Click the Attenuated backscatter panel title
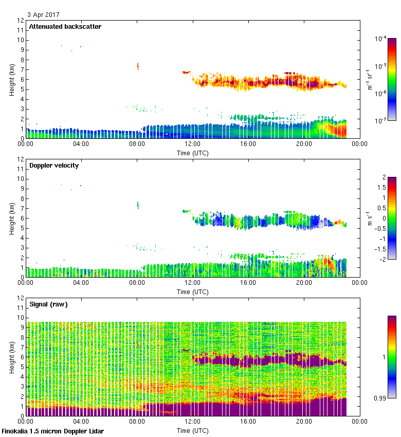click(x=65, y=26)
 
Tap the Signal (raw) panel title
click(x=48, y=304)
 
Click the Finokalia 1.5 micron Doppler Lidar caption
click(x=52, y=431)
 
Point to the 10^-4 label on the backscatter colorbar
click(x=381, y=39)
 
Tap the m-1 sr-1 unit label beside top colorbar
click(x=370, y=80)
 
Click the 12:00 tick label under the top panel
click(x=192, y=144)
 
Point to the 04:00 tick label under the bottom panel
click(x=81, y=422)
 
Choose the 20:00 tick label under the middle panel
click(x=303, y=283)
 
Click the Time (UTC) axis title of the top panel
click(x=192, y=153)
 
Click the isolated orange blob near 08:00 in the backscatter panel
click(x=138, y=65)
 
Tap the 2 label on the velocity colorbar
click(x=383, y=177)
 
